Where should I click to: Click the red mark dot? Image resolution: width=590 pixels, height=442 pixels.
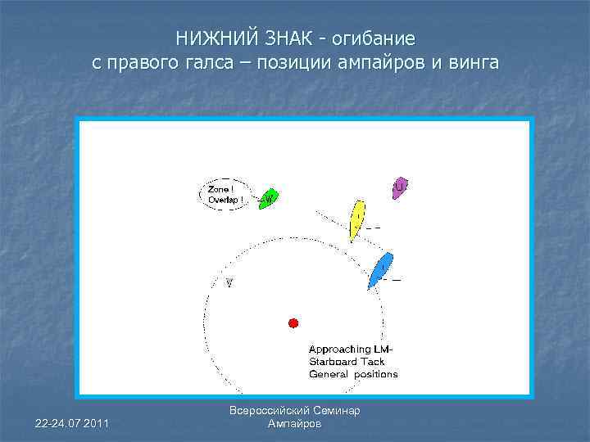tap(293, 322)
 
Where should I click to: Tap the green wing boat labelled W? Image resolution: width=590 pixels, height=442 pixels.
tap(268, 198)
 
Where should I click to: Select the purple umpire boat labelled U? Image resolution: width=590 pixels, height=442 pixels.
tap(399, 187)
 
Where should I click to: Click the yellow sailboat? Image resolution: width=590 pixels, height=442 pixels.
tap(356, 219)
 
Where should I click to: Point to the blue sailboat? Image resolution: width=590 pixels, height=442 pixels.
tap(380, 270)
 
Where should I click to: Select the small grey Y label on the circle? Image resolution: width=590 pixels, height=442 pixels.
tap(229, 282)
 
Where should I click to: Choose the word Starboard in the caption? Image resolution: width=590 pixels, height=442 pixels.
tap(334, 362)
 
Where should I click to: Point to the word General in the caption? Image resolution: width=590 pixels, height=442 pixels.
tap(328, 374)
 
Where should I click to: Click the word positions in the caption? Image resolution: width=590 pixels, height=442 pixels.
tap(375, 374)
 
